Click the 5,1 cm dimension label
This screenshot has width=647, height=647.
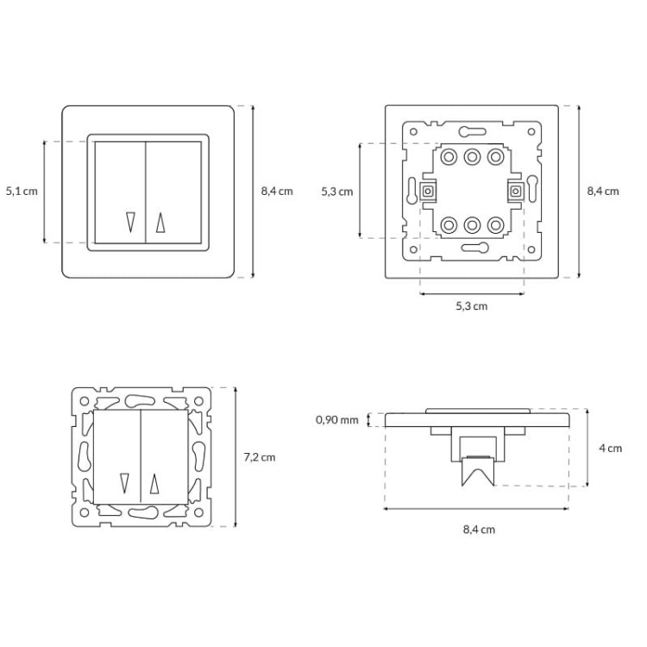click(x=22, y=192)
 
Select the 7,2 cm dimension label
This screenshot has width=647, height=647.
click(x=260, y=457)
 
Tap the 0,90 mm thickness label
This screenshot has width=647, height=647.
click(x=337, y=420)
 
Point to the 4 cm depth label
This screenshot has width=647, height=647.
click(x=610, y=448)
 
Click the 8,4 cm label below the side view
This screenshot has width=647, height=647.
click(x=479, y=530)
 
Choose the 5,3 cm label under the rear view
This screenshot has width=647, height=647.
click(x=472, y=306)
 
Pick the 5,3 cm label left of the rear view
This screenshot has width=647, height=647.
click(x=337, y=192)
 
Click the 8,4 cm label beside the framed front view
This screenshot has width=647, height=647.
click(x=277, y=192)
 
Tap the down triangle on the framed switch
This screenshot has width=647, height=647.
click(x=131, y=222)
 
